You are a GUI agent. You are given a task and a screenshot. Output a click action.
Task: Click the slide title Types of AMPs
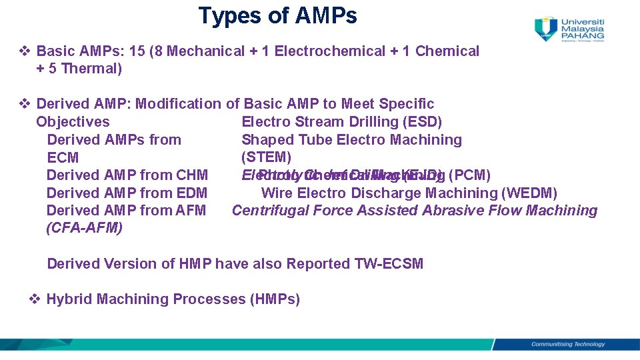tap(277, 16)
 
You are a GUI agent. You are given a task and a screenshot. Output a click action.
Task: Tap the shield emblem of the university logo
tap(546, 29)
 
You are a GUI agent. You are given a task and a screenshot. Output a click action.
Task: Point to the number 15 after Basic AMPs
tap(139, 51)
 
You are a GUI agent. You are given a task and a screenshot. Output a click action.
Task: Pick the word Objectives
tap(73, 122)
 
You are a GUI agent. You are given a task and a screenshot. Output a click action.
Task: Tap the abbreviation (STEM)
tap(266, 157)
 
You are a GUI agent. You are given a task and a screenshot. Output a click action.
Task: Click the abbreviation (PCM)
tap(470, 175)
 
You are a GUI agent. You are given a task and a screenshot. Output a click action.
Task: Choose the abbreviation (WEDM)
tap(529, 193)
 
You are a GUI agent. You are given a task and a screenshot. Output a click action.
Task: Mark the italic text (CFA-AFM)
tap(84, 229)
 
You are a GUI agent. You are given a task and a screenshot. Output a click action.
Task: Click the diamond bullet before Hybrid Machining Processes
tap(35, 299)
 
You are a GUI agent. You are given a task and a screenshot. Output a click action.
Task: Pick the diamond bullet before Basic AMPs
tap(25, 51)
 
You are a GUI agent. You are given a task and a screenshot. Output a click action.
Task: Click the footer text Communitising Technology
tap(567, 345)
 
